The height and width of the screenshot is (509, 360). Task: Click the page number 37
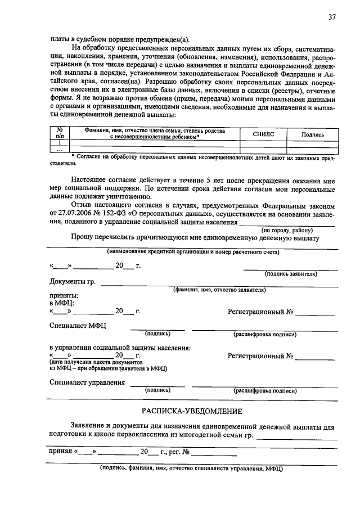pos(332,17)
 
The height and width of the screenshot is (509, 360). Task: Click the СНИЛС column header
pos(263,134)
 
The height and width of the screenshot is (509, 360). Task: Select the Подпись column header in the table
pos(313,134)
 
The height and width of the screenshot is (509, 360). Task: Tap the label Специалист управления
pos(87,382)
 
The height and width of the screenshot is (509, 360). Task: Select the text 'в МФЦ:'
pos(62,303)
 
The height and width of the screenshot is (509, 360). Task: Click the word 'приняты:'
pos(64,295)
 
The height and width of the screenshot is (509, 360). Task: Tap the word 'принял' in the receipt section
pos(61,451)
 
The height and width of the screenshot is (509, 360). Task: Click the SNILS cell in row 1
pos(263,143)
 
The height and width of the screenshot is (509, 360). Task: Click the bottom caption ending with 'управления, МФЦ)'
pos(191,468)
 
